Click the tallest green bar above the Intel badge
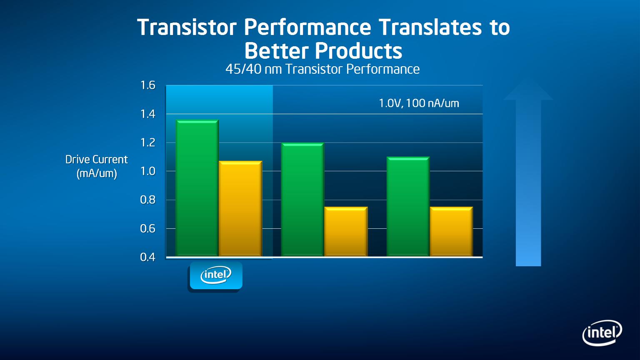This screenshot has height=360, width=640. (x=197, y=188)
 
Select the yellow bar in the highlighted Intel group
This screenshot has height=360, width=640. (x=240, y=209)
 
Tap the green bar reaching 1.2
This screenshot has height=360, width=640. (x=302, y=200)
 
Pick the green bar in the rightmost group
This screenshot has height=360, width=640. (x=408, y=207)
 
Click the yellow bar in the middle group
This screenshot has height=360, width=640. (x=346, y=231)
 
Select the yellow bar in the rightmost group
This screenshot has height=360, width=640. (x=451, y=231)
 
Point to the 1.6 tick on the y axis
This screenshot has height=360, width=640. (x=148, y=85)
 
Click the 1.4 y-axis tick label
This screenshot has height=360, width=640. (x=148, y=114)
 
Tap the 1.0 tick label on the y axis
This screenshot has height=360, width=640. (x=148, y=171)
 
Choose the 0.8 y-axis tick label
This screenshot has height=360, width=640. (x=148, y=200)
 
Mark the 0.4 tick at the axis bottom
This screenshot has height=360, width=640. (x=148, y=257)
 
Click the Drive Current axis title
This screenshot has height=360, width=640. (x=97, y=166)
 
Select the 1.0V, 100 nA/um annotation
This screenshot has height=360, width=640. (x=419, y=103)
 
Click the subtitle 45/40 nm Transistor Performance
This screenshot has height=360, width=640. (x=322, y=69)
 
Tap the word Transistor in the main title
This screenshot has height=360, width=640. (x=187, y=27)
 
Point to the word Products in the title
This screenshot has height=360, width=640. (x=359, y=51)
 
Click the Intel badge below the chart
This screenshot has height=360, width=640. (x=216, y=275)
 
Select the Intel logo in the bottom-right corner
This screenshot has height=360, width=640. (x=602, y=333)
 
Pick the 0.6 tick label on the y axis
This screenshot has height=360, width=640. (x=148, y=229)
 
